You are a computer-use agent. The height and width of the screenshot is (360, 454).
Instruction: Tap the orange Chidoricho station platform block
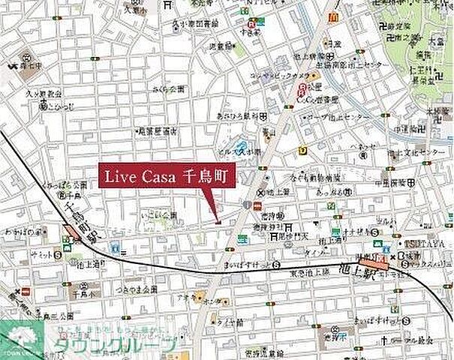(x=73, y=232)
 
